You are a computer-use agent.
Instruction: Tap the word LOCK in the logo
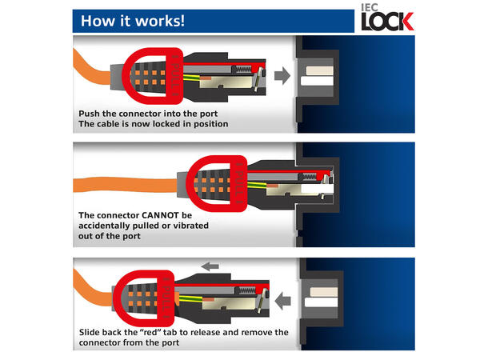387,22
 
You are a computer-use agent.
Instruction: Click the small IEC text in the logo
370,7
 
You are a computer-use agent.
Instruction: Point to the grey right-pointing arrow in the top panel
281,77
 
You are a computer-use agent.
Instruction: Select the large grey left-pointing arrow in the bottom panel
282,299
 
